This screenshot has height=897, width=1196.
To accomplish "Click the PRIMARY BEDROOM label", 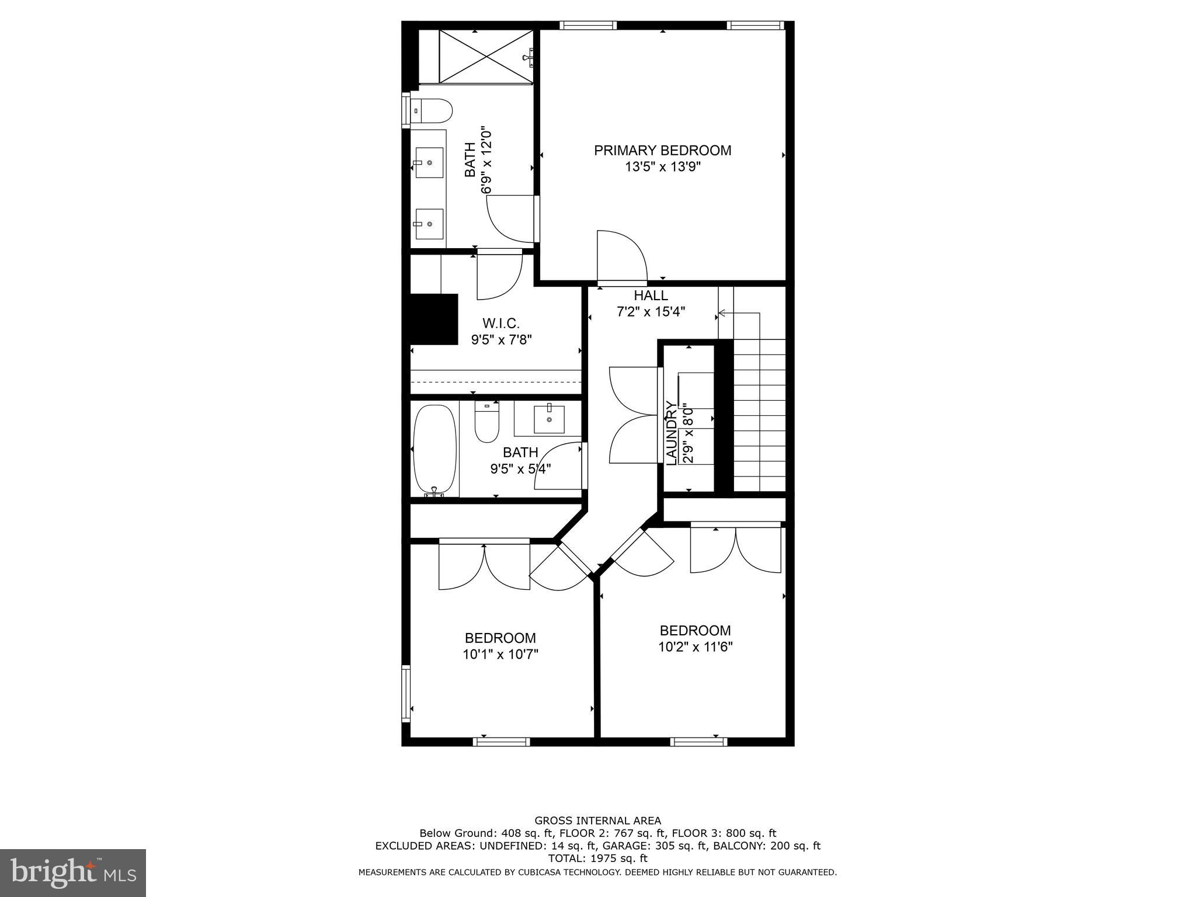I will coord(662,151).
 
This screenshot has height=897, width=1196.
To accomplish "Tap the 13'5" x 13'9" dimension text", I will coord(662,167).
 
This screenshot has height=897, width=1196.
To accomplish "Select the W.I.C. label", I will coord(500,323).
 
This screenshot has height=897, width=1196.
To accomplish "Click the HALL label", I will coord(651,295).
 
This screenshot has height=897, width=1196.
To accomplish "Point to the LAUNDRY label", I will coord(672,433).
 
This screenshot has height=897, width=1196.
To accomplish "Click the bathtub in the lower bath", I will coord(434,449).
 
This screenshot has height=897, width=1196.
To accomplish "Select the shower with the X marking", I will coord(486,56).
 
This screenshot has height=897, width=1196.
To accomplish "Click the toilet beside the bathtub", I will coord(486,422).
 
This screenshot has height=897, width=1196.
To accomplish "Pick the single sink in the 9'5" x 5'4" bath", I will coord(549,419).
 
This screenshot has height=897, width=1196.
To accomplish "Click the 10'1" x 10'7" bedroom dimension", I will coord(500,655).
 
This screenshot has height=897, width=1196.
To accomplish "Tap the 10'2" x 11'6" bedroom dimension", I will coord(695,647).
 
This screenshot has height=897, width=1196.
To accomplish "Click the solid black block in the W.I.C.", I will coord(433,319).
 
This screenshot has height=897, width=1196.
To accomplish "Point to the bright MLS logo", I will coord(72,872).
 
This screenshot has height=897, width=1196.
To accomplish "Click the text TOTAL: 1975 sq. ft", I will coord(597,858).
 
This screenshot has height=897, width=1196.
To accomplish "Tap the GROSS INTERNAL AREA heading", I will coord(597,820).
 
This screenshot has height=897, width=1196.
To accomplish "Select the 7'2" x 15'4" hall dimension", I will coord(651,312).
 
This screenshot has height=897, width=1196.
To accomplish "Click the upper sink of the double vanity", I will coord(429,163).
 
